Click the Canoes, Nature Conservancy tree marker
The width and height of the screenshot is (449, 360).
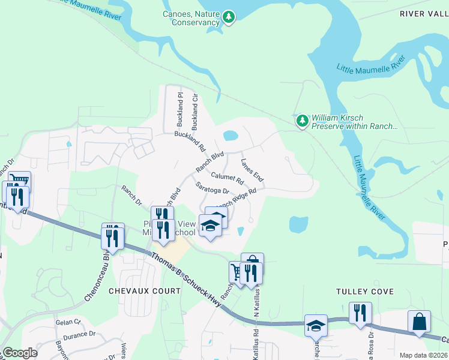[228, 18]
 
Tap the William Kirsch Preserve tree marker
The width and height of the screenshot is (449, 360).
[303, 121]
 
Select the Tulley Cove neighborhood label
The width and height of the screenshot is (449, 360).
[365, 292]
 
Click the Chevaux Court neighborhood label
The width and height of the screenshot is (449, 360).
[144, 291]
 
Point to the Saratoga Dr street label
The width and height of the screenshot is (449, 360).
[213, 188]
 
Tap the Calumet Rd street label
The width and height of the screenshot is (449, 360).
[228, 178]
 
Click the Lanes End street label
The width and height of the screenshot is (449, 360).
[252, 170]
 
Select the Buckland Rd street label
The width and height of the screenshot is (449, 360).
[190, 141]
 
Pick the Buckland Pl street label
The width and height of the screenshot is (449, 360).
[179, 110]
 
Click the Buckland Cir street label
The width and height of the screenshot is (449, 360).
[194, 112]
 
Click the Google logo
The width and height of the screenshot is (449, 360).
[20, 353]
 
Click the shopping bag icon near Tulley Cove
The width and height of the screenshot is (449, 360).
[419, 322]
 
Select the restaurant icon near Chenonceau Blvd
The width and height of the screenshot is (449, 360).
[112, 238]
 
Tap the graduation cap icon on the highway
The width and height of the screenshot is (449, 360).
[316, 326]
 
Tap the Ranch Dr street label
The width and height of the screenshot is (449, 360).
[131, 195]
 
